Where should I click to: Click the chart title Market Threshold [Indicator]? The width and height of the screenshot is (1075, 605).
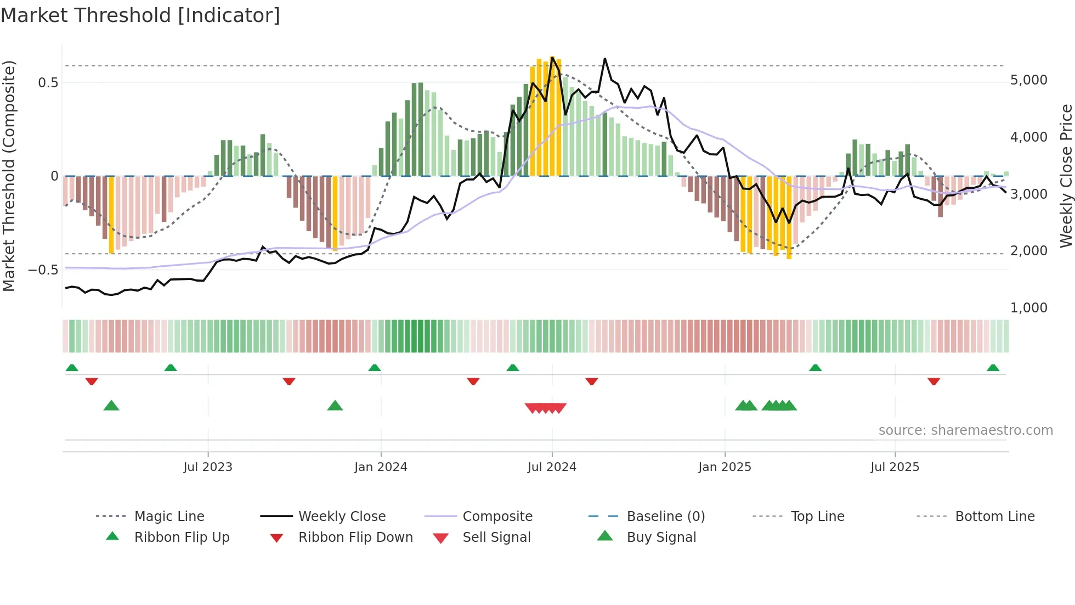coord(140,15)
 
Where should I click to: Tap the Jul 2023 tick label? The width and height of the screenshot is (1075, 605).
coord(208,467)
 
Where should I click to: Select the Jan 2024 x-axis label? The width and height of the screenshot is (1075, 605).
coord(381,467)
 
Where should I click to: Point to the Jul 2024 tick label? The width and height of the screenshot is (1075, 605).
coord(552,467)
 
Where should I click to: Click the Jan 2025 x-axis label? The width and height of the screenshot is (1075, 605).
coord(725,467)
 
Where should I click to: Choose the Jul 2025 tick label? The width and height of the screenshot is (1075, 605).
coord(895,467)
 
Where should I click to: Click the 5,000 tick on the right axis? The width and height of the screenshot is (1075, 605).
coord(1029,80)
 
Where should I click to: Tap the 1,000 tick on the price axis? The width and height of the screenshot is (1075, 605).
coord(1029,308)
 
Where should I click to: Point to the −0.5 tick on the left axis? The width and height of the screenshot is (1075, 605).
coord(43,270)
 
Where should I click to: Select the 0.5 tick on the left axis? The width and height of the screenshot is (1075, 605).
coord(48,83)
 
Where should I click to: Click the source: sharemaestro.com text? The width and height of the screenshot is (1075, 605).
coord(965,430)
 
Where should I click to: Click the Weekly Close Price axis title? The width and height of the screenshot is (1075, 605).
coord(1066,176)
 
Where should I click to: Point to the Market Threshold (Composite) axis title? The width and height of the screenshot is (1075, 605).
coord(9,176)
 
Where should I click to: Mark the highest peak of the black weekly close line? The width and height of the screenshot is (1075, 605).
coord(605,58)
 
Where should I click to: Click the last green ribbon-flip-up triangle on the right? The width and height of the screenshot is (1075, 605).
coord(993,368)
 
